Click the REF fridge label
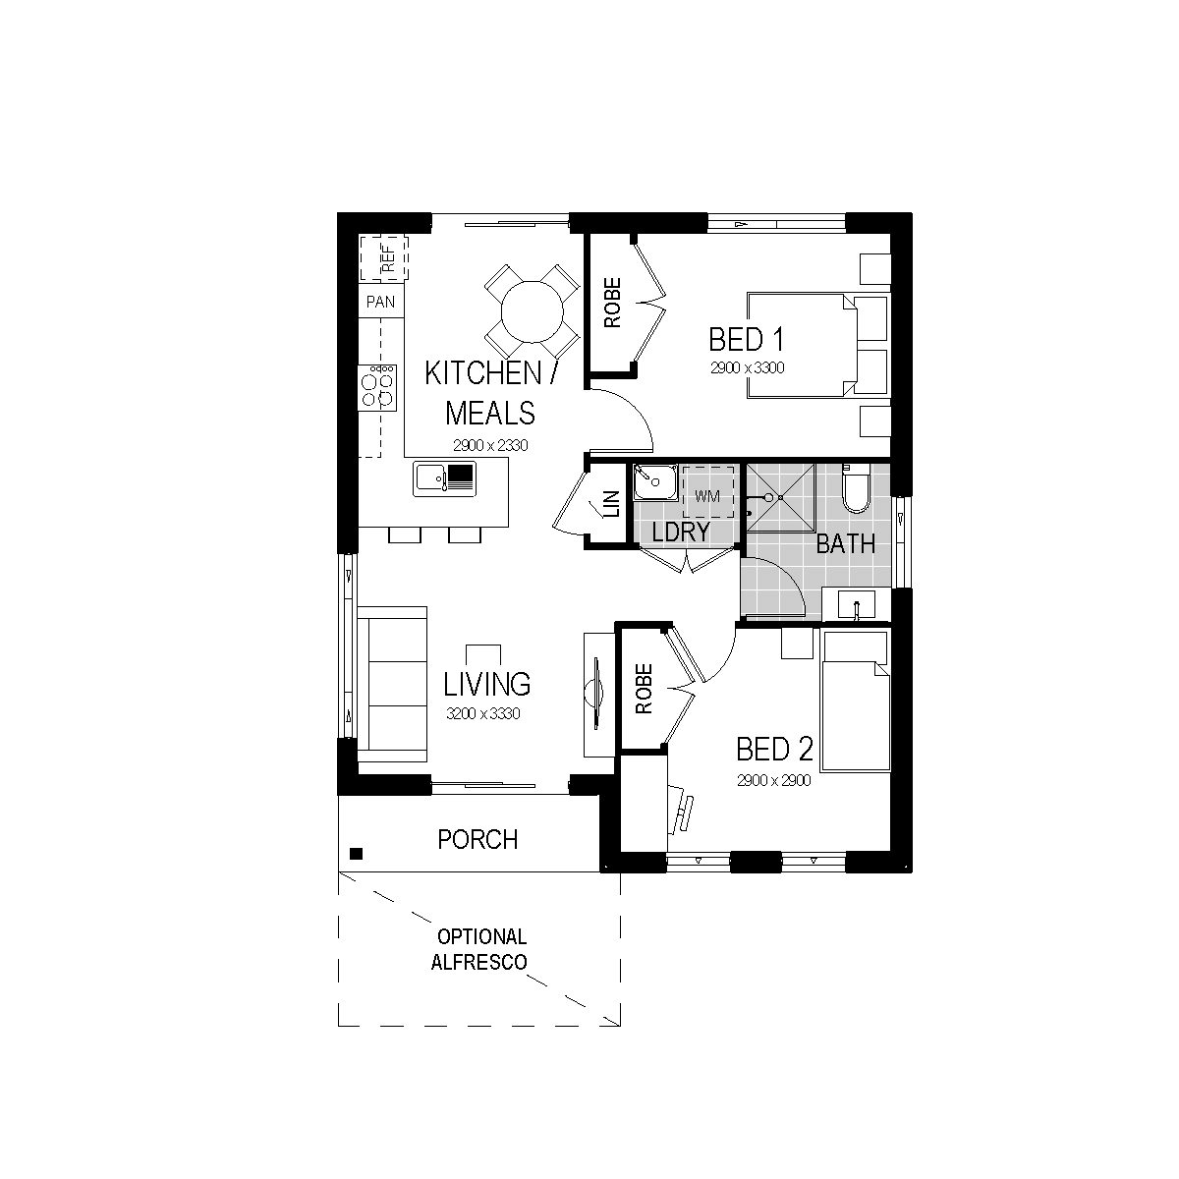[x=388, y=258]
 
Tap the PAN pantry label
[x=380, y=302]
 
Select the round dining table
[x=532, y=311]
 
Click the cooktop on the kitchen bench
[x=377, y=388]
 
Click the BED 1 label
[x=746, y=340]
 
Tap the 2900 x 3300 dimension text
[x=747, y=367]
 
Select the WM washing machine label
[x=707, y=496]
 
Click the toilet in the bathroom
[x=856, y=488]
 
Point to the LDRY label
[x=680, y=532]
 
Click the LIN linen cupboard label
[x=612, y=504]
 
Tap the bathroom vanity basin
[x=857, y=605]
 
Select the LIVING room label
[x=486, y=684]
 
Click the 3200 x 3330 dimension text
[x=482, y=713]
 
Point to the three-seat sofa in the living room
[x=392, y=684]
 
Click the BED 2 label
[x=774, y=749]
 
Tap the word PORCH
[x=477, y=840]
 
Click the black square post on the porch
[x=356, y=854]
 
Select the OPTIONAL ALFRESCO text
[x=479, y=949]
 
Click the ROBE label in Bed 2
[x=644, y=689]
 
